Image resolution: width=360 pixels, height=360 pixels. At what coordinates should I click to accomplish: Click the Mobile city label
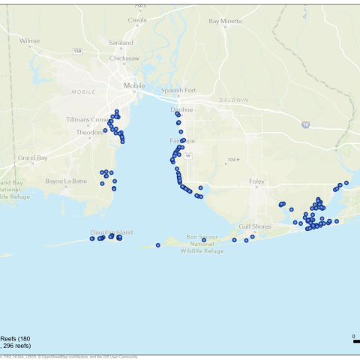click(135, 85)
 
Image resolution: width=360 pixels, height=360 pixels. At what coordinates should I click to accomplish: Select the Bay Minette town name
click(226, 21)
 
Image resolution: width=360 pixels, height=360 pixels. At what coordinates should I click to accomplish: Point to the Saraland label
click(121, 43)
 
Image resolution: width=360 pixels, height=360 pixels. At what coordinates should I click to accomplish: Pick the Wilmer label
click(30, 40)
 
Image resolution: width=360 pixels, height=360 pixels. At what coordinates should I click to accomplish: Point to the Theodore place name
click(89, 132)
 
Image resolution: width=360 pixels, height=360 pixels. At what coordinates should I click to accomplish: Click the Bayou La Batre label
click(66, 181)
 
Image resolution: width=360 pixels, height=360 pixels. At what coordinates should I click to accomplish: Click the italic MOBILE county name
click(83, 92)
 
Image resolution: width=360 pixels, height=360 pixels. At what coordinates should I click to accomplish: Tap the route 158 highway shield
click(78, 50)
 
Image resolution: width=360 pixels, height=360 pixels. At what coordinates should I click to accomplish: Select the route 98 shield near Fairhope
click(189, 155)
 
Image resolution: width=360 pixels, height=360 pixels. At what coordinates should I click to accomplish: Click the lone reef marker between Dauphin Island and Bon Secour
click(157, 244)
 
